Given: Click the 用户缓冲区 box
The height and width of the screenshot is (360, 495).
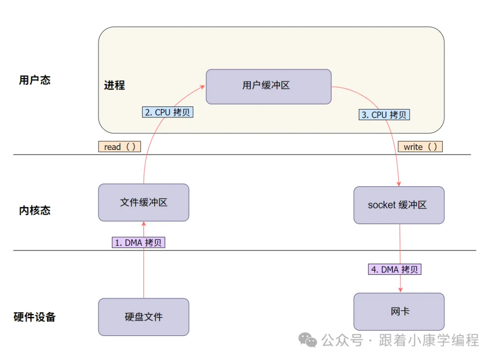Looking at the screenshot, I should click(268, 86).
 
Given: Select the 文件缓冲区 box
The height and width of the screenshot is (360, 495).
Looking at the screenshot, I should click(143, 202).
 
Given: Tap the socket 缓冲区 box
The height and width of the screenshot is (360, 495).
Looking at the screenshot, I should click(399, 205).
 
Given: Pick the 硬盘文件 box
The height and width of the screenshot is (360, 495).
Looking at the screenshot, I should click(143, 316).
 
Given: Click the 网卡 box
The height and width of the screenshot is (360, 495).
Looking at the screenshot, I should click(399, 311).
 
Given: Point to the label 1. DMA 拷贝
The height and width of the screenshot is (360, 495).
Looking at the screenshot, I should click(138, 243).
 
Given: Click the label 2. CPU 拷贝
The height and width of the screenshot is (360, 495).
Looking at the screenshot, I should click(168, 112).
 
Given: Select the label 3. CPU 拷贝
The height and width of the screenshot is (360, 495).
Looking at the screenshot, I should click(384, 115).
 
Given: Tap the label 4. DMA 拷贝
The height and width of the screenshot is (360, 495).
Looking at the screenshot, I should click(395, 269).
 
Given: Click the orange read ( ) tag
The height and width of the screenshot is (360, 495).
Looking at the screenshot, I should click(119, 147).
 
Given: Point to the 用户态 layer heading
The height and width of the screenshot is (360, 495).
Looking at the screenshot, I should click(35, 80).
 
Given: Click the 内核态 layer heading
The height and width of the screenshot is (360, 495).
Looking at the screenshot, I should click(35, 210).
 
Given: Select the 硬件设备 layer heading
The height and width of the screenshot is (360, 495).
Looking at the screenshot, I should click(35, 317).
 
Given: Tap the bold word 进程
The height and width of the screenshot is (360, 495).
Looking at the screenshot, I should click(114, 85).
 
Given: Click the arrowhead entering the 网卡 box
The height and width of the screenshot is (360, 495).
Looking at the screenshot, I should click(400, 290).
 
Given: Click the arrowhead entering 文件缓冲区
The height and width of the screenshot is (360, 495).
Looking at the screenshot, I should click(144, 224).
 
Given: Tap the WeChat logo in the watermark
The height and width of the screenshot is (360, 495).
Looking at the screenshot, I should click(308, 340).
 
